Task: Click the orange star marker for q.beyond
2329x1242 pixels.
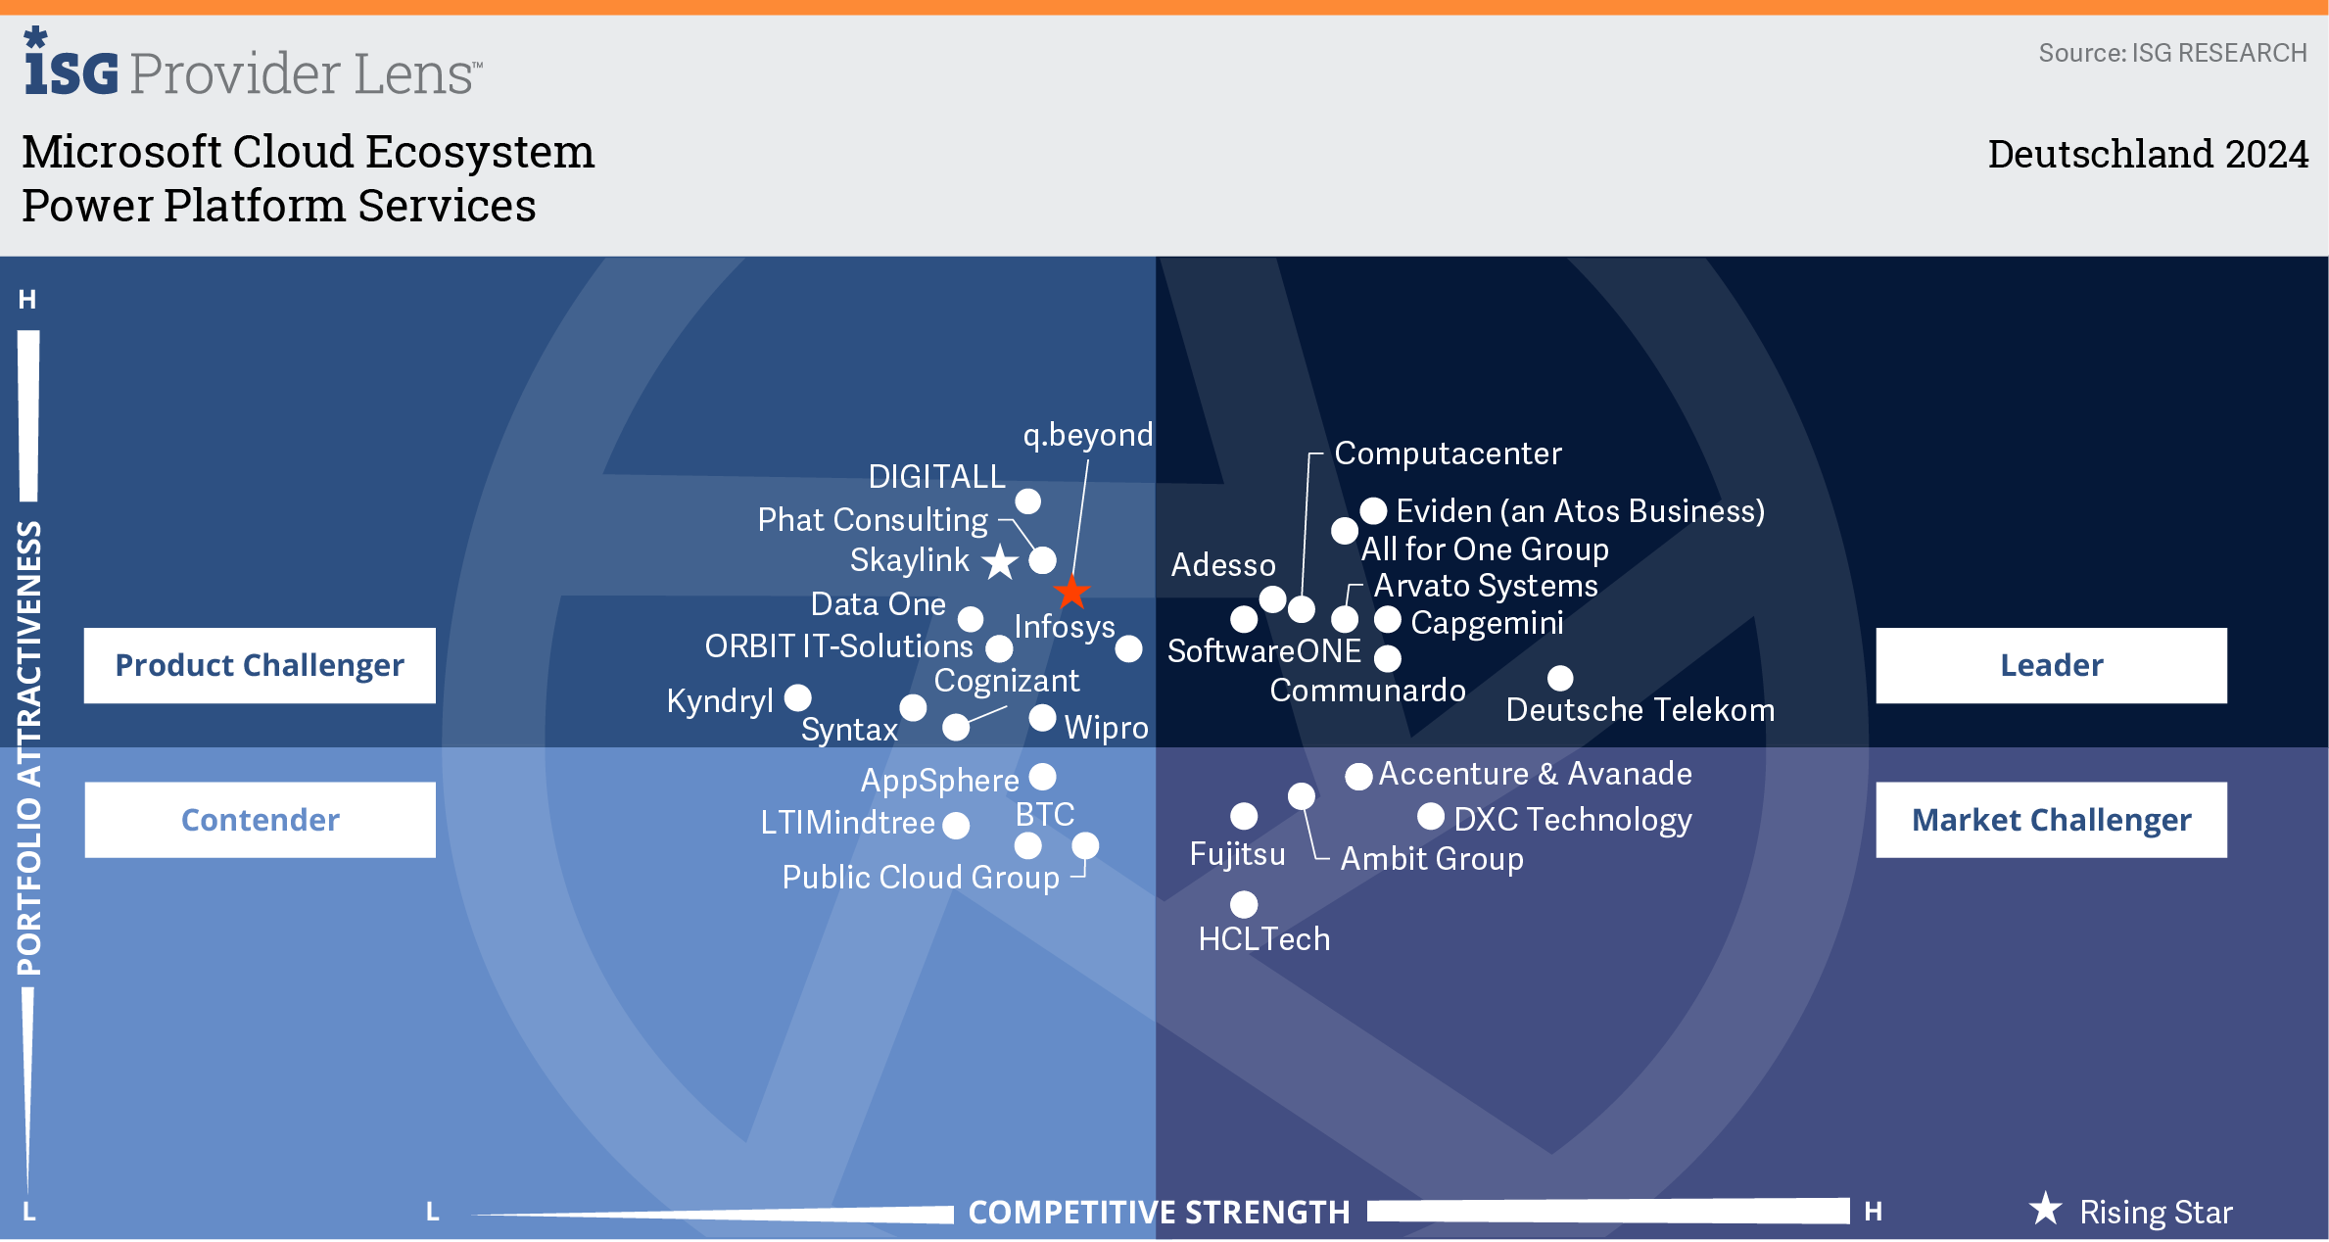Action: [1072, 592]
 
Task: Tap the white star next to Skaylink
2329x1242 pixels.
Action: [1000, 562]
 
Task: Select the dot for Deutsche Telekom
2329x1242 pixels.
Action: [1560, 678]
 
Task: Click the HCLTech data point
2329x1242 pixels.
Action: [1244, 904]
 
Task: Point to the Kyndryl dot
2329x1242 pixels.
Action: [798, 697]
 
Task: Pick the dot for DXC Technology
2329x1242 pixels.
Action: [1431, 816]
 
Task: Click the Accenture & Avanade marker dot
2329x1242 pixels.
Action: [1358, 777]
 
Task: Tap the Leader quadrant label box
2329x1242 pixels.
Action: [2051, 665]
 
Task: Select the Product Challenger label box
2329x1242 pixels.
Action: [260, 665]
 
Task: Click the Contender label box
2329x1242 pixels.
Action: [260, 820]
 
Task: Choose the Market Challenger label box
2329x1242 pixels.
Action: [2051, 820]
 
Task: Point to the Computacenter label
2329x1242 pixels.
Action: [1448, 454]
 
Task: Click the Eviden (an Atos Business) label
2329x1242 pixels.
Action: [1580, 511]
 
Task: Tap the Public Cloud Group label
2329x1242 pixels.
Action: [921, 877]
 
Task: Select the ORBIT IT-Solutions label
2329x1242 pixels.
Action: [838, 646]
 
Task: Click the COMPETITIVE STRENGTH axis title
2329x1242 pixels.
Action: [1159, 1213]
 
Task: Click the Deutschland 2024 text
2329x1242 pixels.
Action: [2147, 155]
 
